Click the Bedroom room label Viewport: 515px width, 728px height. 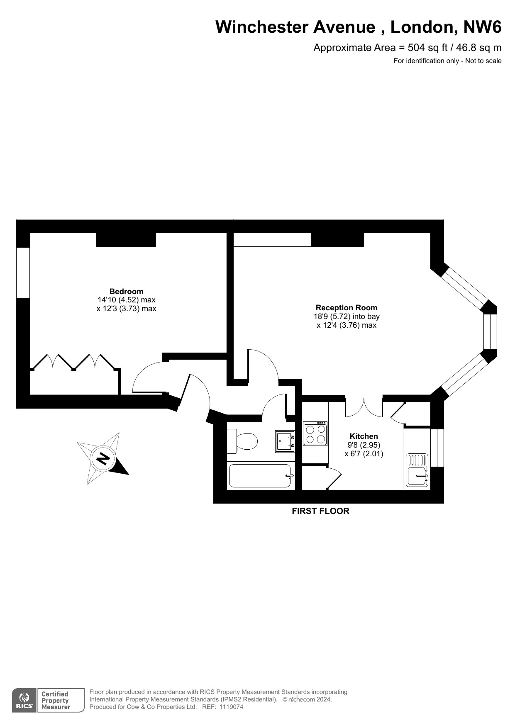point(126,291)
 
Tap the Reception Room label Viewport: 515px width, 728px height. point(347,307)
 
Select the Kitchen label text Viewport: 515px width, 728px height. point(364,436)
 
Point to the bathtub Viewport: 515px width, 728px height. point(260,475)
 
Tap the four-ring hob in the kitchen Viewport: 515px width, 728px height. point(315,434)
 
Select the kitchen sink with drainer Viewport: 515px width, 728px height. point(417,470)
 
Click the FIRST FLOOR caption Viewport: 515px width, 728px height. point(320,511)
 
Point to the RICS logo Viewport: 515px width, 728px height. point(24,701)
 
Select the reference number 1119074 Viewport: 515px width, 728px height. point(230,707)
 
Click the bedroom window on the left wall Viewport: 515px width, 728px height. point(23,273)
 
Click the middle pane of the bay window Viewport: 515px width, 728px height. point(490,331)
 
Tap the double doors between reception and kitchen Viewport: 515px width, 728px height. point(364,407)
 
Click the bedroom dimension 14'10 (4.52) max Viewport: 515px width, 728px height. point(126,300)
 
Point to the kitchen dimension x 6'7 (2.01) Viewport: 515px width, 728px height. point(364,454)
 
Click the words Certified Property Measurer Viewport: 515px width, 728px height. point(55,701)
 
